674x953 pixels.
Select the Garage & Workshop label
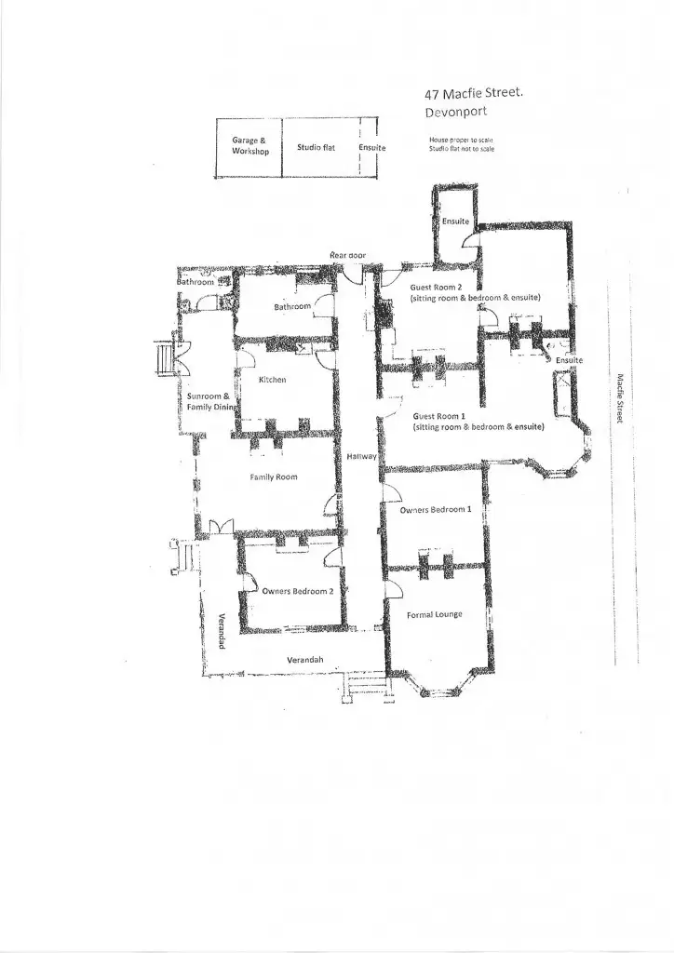249,145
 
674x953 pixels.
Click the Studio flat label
316,147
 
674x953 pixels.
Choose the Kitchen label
272,380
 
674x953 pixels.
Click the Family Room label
273,476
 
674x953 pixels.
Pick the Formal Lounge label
435,615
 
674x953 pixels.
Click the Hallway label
360,457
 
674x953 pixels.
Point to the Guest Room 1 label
438,415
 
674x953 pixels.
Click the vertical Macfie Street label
618,398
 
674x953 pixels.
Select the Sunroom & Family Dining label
208,401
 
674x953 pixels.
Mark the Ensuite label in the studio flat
371,148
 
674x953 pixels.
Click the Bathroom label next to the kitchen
291,306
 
